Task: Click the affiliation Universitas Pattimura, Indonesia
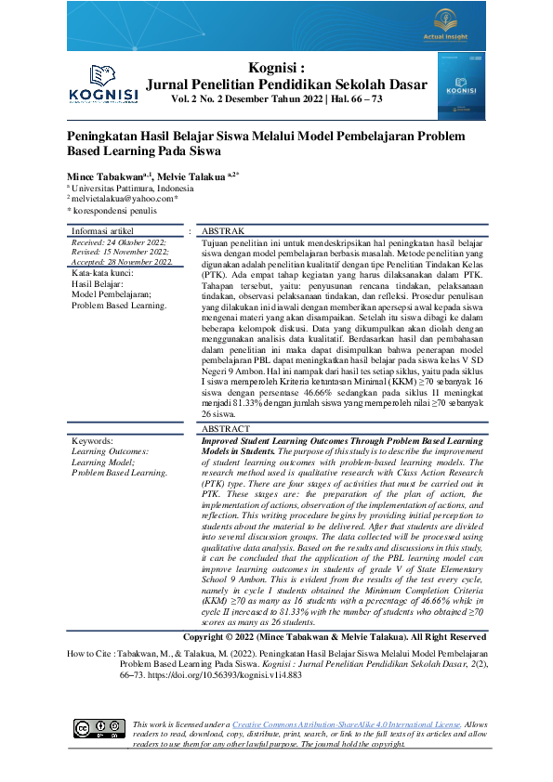click(132, 187)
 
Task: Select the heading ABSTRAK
click(223, 230)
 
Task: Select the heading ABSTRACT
click(226, 429)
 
